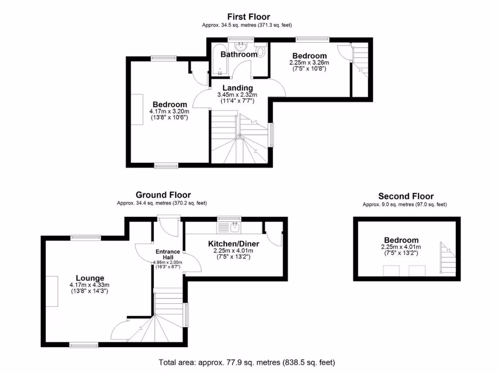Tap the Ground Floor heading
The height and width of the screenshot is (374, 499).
[163, 195]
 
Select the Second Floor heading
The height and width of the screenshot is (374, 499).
[405, 196]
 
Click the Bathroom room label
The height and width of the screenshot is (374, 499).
[239, 55]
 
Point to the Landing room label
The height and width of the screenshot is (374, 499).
[238, 88]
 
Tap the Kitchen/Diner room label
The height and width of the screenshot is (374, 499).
[233, 244]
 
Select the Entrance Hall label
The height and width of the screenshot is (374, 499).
[168, 254]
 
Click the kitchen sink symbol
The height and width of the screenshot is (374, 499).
[235, 226]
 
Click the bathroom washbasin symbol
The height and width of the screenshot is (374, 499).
[240, 46]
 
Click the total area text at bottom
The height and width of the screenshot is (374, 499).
[247, 362]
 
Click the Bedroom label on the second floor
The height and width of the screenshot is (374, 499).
[401, 240]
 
